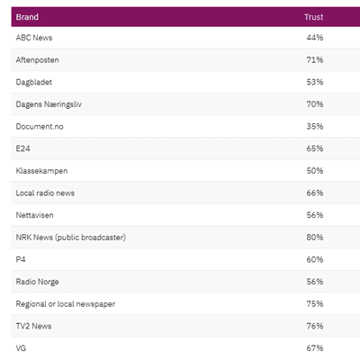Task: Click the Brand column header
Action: (x=27, y=17)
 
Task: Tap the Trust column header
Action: (x=313, y=17)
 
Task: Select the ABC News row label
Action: (x=34, y=38)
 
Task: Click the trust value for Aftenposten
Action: (x=315, y=60)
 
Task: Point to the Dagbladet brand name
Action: (x=34, y=82)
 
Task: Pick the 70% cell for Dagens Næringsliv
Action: (x=315, y=104)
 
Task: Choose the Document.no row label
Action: (x=40, y=127)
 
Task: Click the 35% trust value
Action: (x=315, y=127)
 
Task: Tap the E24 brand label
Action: (x=22, y=148)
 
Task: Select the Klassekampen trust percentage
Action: (x=315, y=171)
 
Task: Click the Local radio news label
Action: (x=45, y=193)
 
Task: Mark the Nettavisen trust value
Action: (x=315, y=215)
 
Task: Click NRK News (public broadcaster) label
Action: (x=71, y=238)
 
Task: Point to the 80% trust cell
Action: (x=315, y=238)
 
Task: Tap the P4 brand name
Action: (x=21, y=259)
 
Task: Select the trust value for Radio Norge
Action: (x=315, y=282)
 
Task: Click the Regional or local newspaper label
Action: (x=66, y=304)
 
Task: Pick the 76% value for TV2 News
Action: (x=315, y=326)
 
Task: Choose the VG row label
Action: (x=21, y=348)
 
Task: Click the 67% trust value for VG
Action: (x=315, y=348)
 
